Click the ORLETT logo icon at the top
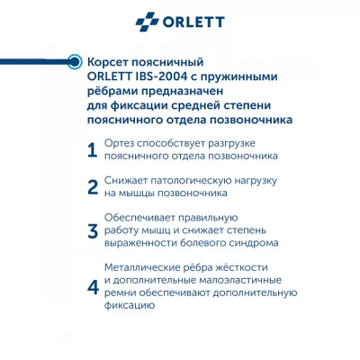coord(148,22)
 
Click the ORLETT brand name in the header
coord(193,22)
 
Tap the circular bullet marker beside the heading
coord(74,62)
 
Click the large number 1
coord(92,150)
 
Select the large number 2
coord(93,187)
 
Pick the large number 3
coord(93,231)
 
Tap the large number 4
coord(93,287)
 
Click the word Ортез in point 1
coord(119,143)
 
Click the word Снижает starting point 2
coord(125,181)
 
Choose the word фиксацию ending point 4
coord(130,306)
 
